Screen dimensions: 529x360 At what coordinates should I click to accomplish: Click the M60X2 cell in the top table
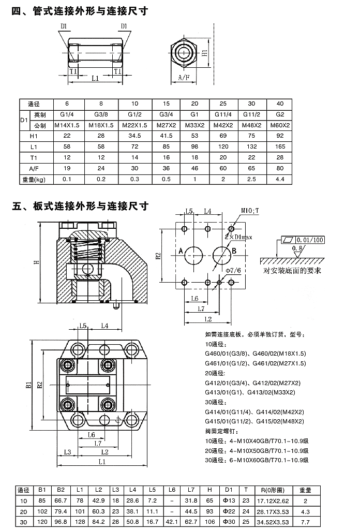280,125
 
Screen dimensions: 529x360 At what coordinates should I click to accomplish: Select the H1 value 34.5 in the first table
134,136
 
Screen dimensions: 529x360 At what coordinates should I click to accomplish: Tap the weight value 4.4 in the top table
280,179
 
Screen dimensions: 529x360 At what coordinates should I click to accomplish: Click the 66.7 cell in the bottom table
60,501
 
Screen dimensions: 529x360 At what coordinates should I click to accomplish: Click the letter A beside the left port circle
181,251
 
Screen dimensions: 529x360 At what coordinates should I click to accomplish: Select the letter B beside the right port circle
233,251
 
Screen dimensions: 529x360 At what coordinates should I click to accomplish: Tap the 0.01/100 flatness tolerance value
310,240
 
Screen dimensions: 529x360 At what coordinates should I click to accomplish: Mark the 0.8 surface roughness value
297,249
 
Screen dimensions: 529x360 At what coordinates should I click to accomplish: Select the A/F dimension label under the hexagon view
184,77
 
